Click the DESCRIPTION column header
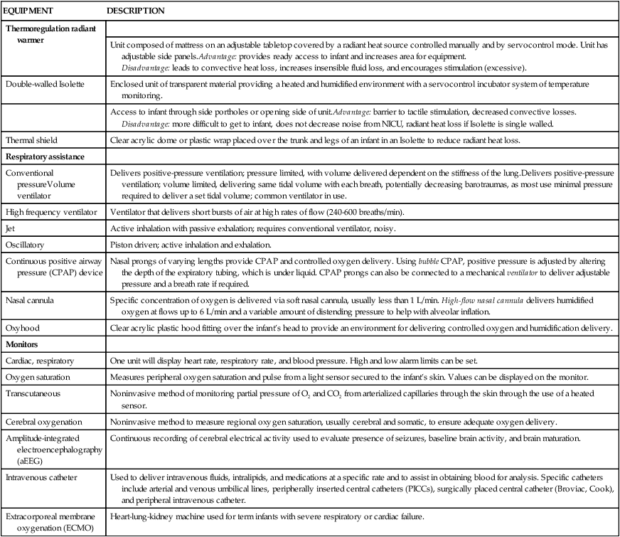click(136, 11)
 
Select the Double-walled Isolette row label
click(45, 84)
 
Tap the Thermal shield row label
click(32, 140)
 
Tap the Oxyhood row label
click(22, 328)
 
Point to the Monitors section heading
click(22, 344)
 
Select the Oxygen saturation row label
click(38, 376)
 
